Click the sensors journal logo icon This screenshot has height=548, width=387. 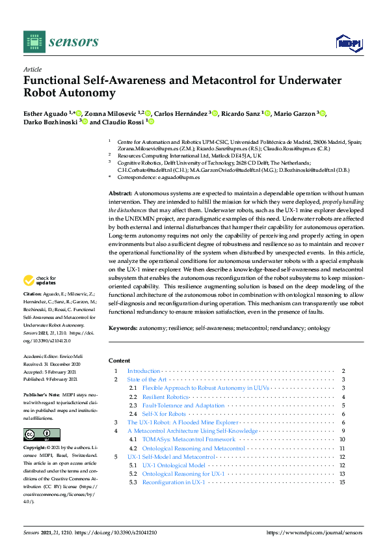[33, 41]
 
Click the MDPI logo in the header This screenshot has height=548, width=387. [349, 42]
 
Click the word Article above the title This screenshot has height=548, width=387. [33, 69]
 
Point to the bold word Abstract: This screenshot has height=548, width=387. [120, 194]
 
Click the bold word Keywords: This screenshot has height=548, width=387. [123, 329]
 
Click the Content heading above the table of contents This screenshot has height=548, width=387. [118, 360]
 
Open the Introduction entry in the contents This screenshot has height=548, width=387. [144, 371]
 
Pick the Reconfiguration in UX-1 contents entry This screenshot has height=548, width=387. [174, 482]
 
